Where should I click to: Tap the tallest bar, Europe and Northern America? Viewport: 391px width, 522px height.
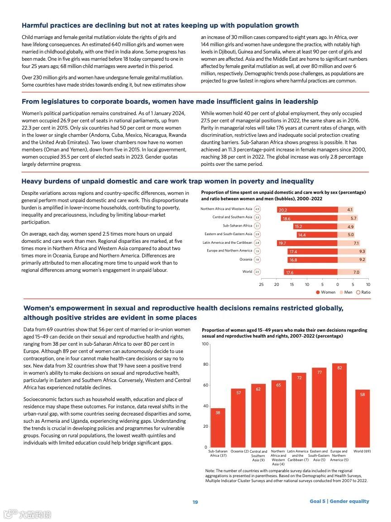[x=339, y=405]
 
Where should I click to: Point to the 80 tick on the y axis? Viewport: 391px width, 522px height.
[x=205, y=365]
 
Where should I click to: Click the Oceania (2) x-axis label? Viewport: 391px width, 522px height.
[x=240, y=451]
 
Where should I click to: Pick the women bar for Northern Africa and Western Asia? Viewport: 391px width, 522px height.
[x=307, y=210]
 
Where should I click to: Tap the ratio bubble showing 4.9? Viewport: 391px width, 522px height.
[x=257, y=209]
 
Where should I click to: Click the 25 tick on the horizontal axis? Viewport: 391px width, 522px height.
[x=261, y=285]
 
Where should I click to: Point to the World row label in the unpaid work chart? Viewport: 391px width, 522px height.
[x=247, y=272]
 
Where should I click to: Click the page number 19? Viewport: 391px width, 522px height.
[x=195, y=502]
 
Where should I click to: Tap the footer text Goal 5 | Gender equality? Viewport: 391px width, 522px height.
[x=339, y=501]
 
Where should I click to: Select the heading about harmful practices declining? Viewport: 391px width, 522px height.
[x=160, y=25]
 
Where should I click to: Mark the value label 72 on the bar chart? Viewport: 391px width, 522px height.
[x=299, y=377]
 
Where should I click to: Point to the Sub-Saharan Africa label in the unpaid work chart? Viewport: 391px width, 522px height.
[x=237, y=226]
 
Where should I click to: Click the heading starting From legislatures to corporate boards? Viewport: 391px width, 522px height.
[x=170, y=101]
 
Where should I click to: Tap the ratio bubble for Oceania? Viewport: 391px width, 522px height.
[x=257, y=260]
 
